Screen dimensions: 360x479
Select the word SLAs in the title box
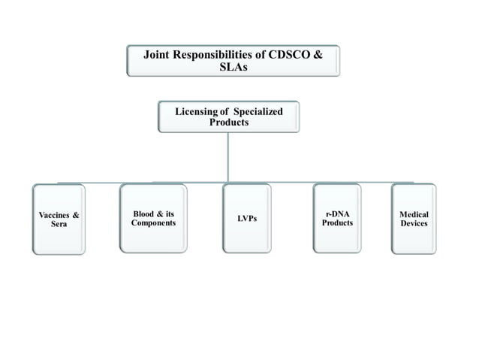coord(233,66)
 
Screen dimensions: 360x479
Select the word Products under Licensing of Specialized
coord(229,123)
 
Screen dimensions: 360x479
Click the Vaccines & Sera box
coord(59,219)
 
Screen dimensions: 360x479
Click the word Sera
coord(59,225)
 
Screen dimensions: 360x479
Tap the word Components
coord(153,223)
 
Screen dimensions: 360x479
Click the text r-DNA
coord(337,213)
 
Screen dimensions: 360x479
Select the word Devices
coord(414,223)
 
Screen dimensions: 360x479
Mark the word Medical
coord(414,214)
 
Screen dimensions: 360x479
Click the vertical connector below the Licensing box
coord(228,158)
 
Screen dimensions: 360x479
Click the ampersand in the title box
coord(328,54)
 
